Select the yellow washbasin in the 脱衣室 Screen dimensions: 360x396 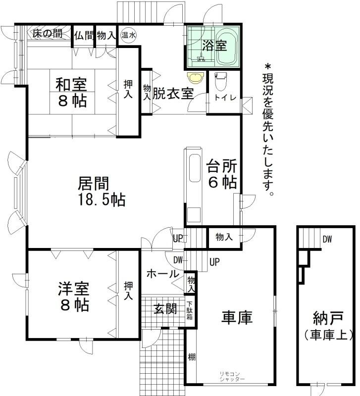[196, 78]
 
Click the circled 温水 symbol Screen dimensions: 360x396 [128, 35]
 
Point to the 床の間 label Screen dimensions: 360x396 [48, 34]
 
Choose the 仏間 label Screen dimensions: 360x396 [84, 35]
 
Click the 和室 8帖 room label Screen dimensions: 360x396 [71, 93]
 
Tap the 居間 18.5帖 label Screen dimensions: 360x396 [101, 191]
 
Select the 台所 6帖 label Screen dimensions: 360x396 [222, 174]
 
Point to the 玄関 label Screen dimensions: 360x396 [165, 309]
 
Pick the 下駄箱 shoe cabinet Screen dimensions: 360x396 [190, 311]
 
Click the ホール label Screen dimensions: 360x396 [163, 274]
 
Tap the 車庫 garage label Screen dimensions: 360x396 [237, 317]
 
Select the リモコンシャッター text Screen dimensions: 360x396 [232, 377]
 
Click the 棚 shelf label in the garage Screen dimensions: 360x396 [192, 357]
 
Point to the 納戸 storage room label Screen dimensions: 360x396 [328, 318]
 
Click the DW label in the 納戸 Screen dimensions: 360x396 [327, 239]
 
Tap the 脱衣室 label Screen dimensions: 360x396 [173, 94]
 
